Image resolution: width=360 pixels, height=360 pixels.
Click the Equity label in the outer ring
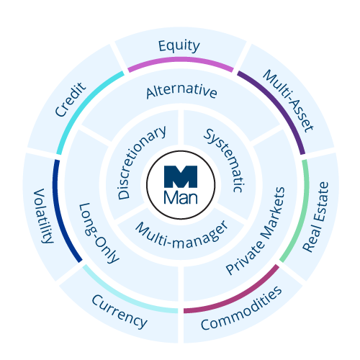click(179, 46)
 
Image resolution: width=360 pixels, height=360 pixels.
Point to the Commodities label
click(241, 311)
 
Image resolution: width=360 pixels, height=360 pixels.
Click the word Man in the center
click(180, 195)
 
